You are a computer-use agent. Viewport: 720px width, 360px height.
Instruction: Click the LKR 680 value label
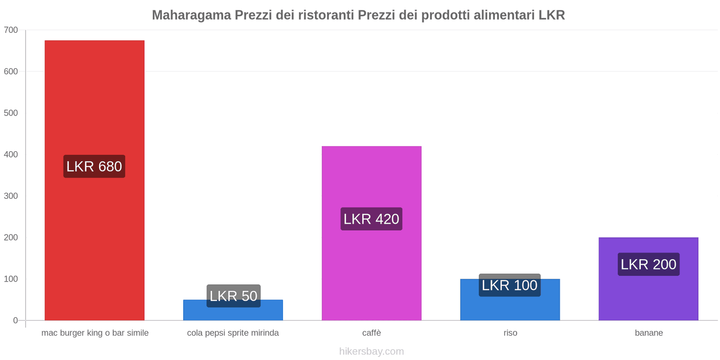[94, 166]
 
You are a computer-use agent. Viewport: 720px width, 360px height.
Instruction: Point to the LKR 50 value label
[234, 296]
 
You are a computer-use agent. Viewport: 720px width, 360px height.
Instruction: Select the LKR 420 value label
[371, 219]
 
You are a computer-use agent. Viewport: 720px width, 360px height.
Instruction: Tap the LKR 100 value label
[509, 285]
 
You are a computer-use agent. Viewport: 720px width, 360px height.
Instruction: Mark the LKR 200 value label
[648, 264]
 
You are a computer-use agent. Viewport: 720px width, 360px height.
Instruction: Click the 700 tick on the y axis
[11, 30]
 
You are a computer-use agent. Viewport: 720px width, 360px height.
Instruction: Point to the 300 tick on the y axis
[11, 196]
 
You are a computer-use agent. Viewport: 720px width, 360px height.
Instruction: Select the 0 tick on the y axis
[15, 320]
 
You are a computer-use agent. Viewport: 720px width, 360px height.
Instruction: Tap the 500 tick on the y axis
[11, 113]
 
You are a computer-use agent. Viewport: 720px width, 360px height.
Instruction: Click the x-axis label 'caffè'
[371, 333]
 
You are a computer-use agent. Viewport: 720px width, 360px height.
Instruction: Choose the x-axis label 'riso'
[510, 333]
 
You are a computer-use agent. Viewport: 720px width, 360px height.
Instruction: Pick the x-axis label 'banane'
[648, 333]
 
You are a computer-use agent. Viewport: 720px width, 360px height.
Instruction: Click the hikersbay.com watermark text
[371, 351]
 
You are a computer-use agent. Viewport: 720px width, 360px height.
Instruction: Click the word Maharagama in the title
[191, 15]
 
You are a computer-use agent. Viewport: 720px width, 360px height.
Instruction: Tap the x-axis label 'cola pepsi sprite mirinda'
[233, 333]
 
